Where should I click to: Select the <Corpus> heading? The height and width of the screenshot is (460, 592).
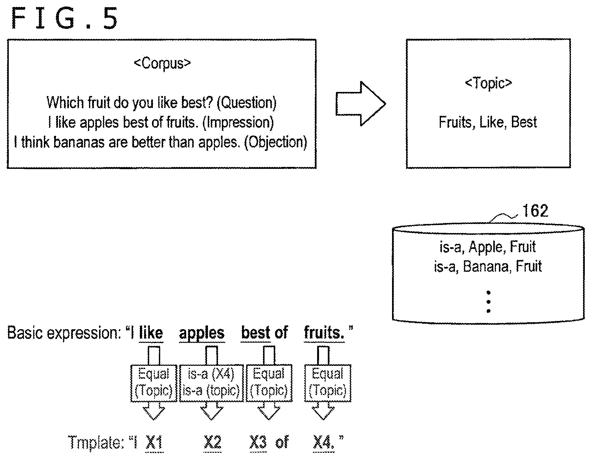point(162,63)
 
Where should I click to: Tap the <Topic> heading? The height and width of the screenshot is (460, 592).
point(488,83)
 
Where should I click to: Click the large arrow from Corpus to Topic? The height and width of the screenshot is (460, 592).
point(361,104)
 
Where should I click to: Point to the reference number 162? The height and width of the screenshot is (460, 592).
point(535,211)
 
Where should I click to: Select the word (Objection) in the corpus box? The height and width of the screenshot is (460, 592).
point(275,142)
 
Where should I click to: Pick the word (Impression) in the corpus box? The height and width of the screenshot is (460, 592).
point(238,122)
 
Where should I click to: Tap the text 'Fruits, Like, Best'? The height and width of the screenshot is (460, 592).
point(488,122)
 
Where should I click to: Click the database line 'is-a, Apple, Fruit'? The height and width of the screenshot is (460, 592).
point(488,247)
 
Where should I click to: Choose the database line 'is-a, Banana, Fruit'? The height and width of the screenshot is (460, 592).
point(488,266)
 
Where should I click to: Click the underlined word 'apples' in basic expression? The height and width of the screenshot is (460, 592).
point(202,333)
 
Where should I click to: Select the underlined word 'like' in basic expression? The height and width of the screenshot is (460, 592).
point(151,333)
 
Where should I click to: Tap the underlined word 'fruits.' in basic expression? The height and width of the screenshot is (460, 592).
point(324,333)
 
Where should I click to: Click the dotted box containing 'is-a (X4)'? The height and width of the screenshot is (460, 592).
point(211,383)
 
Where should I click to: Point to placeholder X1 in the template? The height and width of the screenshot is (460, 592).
point(155,443)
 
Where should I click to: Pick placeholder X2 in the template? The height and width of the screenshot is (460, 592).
point(212,443)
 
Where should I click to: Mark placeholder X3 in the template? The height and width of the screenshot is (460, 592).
point(258,443)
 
